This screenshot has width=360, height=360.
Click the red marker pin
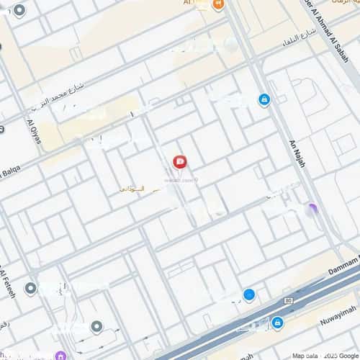coord(180,162)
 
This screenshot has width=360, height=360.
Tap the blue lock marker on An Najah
coord(264,99)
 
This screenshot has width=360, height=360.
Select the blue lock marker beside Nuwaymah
coord(277,322)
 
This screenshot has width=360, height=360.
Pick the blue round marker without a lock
coord(249,294)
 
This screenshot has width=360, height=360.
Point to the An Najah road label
coord(297,153)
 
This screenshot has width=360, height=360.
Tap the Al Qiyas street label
coord(34,134)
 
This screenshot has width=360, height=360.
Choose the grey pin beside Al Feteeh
coord(30,289)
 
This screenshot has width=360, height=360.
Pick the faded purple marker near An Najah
coord(311,210)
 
